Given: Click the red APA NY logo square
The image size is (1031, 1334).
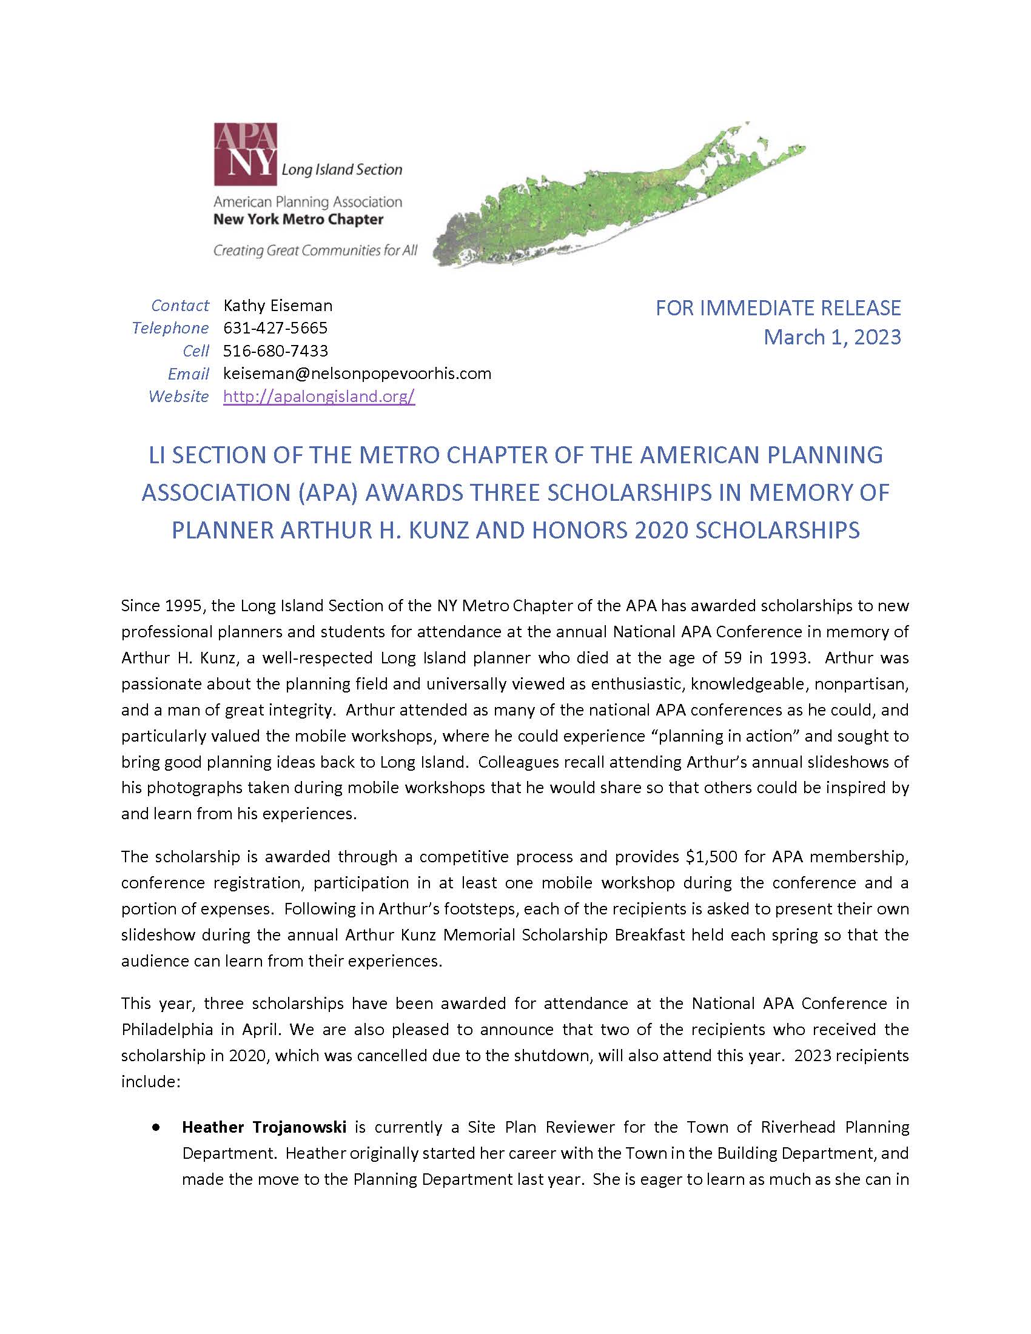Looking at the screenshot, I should tap(245, 155).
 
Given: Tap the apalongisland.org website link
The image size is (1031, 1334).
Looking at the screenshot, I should tap(319, 397).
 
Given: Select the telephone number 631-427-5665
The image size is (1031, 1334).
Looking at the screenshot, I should tap(275, 328).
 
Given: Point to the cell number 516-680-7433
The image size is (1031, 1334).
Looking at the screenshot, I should tap(275, 350).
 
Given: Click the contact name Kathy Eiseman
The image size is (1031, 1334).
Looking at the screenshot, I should tap(278, 306).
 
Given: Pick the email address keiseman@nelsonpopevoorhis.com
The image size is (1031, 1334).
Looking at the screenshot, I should tap(357, 373).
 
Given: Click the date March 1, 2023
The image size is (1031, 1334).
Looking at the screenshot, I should tap(832, 337).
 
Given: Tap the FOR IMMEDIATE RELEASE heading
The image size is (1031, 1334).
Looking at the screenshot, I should tap(778, 308).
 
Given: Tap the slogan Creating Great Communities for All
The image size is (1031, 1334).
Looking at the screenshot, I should tap(315, 250).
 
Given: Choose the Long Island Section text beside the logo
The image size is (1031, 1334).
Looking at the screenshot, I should tap(341, 170).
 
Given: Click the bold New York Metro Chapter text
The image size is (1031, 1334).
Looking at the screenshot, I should tap(298, 220).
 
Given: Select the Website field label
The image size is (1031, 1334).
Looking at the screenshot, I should tap(178, 397).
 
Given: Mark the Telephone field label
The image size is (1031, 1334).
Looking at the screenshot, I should tap(170, 328).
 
